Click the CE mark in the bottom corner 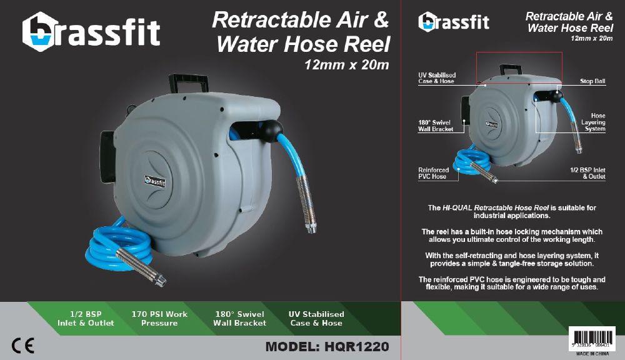[x=22, y=345]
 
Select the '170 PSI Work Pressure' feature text [x=159, y=319]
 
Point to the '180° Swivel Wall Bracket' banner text [x=239, y=319]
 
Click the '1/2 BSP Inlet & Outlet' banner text [x=86, y=319]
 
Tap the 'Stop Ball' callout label [x=592, y=81]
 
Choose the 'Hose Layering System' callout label [x=594, y=122]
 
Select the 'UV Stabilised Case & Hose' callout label [x=437, y=78]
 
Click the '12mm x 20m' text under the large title [x=346, y=64]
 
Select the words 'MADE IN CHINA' [x=592, y=353]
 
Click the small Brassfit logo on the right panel [x=454, y=22]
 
